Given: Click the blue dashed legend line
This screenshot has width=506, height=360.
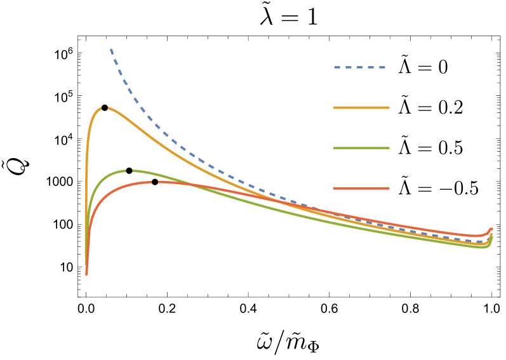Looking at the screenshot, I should click(360, 67).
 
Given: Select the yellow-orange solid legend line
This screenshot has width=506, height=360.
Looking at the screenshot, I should click(361, 108).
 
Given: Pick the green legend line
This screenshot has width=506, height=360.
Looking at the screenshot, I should click(361, 148).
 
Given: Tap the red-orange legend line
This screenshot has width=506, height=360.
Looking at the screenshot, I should click(361, 189).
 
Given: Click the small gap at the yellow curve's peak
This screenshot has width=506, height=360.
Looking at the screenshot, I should click(104, 108).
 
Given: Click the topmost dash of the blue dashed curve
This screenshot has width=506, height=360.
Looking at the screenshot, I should click(112, 51).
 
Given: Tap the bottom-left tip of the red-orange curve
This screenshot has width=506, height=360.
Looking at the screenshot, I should click(86, 274).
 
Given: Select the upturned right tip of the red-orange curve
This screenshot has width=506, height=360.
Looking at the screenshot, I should click(491, 229).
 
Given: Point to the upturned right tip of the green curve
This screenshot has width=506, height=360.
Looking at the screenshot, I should click(491, 235).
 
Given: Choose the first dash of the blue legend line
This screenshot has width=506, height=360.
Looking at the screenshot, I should click(337, 67).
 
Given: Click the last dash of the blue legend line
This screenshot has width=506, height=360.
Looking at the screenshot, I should click(382, 67).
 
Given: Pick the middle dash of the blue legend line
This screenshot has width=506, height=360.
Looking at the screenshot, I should click(360, 67).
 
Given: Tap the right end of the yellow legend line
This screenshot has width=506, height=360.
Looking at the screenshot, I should click(389, 108).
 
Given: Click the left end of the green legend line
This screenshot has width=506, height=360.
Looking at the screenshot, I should click(335, 148).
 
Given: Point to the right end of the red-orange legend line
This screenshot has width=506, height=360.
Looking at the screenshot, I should click(389, 189).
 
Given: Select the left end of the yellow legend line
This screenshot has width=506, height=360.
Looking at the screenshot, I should click(335, 108).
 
